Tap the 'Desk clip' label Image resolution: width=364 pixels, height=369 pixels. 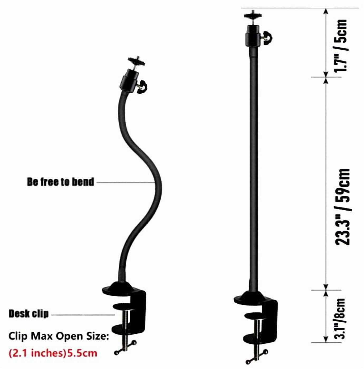pyautogui.click(x=29, y=314)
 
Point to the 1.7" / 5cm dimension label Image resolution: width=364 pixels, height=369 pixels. pyautogui.click(x=341, y=46)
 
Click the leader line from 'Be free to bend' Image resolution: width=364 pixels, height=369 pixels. pyautogui.click(x=125, y=182)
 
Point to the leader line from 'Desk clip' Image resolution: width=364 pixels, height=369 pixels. pyautogui.click(x=83, y=314)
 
